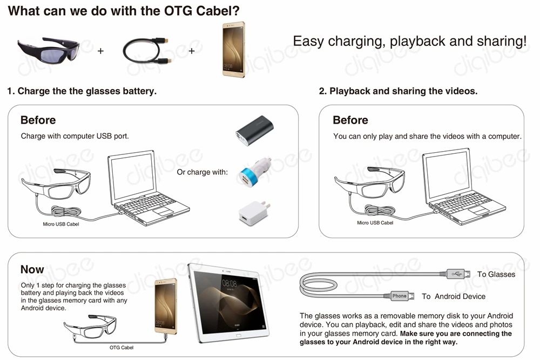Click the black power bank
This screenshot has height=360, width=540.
254,131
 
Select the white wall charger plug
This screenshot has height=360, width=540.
254,213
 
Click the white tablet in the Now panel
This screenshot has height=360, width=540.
228,303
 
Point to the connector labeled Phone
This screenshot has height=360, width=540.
399,296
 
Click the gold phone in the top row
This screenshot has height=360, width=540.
234,49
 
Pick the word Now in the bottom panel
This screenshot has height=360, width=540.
32,269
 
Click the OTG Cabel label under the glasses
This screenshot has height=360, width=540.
122,348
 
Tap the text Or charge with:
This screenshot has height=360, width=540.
202,172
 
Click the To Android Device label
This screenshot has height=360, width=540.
454,296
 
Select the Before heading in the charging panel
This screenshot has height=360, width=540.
38,120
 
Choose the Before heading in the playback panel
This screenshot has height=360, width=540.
350,120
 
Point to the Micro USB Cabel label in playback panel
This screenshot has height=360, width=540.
375,223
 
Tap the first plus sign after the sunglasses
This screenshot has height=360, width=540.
100,51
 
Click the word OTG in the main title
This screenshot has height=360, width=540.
178,11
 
